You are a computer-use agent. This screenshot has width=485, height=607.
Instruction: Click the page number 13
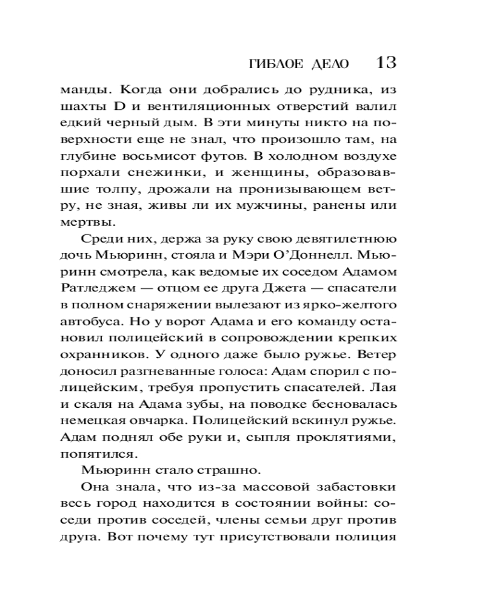pos(386,63)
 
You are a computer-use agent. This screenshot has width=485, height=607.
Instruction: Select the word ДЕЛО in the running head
pos(330,64)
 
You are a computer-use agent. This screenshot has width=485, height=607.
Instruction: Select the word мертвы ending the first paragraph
pos(85,220)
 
